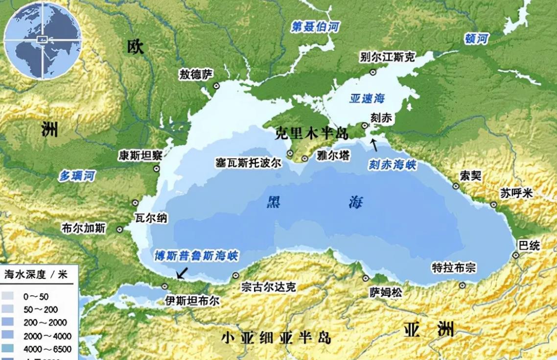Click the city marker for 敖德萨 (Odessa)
click(x=216, y=86)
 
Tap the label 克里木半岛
click(x=311, y=133)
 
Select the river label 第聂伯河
click(x=315, y=27)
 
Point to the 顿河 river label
click(x=476, y=39)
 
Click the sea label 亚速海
click(x=367, y=98)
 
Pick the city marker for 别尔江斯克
click(x=373, y=72)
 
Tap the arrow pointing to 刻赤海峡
click(x=374, y=144)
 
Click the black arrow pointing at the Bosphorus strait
click(x=182, y=272)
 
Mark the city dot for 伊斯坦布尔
click(x=165, y=287)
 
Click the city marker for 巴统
click(x=515, y=255)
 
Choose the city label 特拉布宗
click(x=453, y=268)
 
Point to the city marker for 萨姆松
click(x=366, y=278)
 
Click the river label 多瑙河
click(x=77, y=176)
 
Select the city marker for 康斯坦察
click(x=157, y=168)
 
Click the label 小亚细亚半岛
click(x=276, y=337)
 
